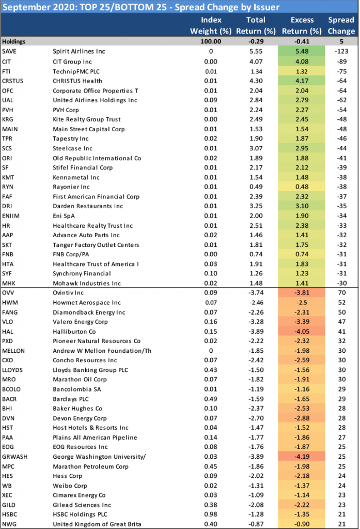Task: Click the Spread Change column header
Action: pos(341,25)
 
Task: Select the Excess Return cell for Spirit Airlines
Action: pos(301,51)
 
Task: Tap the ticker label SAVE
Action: pos(9,51)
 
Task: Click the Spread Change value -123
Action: pos(341,51)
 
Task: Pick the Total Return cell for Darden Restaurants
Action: pos(256,206)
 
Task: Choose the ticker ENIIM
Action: pos(11,216)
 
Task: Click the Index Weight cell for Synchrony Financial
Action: pos(211,274)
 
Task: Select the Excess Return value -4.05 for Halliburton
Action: pos(301,332)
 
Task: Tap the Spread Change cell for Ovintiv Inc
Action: pos(342,293)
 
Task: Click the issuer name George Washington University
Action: pos(99,457)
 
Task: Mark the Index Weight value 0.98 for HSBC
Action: pos(211,515)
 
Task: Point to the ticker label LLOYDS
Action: pos(12,370)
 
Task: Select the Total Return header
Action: pos(256,25)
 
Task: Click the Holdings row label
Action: pos(14,41)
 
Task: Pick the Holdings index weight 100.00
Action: pos(211,41)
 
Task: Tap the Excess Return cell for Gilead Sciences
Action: pos(301,505)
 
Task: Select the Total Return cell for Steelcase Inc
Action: pos(256,148)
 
